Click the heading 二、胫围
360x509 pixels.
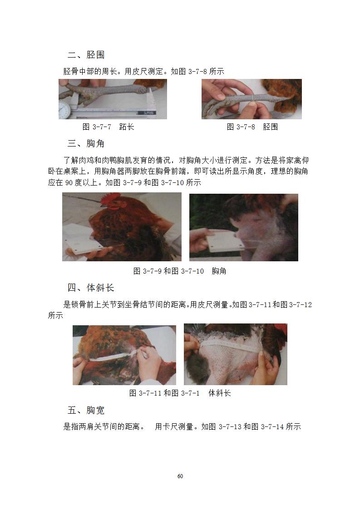(86, 54)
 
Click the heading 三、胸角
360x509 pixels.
(86, 143)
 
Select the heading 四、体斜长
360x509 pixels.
(91, 288)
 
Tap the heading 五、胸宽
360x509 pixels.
(86, 410)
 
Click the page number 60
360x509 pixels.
(180, 476)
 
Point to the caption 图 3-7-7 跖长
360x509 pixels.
(108, 127)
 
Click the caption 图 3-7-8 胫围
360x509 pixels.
(252, 127)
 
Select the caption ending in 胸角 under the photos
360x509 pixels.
(180, 271)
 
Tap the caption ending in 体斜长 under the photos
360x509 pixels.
(180, 393)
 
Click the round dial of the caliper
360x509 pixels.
(64, 109)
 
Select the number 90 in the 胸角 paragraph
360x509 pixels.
(69, 183)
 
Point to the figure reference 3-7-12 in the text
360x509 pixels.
(300, 304)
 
